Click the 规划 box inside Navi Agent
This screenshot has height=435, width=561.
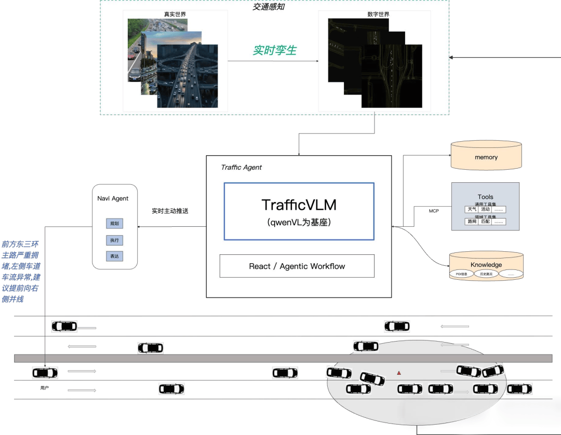click(x=114, y=224)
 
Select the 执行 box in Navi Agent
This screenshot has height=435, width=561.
click(x=114, y=240)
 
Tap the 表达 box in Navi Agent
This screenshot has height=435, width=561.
click(x=114, y=256)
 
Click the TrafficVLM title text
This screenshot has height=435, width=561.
click(x=299, y=205)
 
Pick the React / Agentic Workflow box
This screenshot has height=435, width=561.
click(x=297, y=266)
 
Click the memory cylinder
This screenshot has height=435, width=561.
click(x=486, y=157)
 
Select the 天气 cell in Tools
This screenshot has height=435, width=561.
click(x=471, y=210)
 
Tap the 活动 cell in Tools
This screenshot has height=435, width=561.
click(x=485, y=210)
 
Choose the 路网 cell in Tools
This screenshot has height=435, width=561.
click(x=471, y=222)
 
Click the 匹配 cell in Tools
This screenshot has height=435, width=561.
click(x=485, y=222)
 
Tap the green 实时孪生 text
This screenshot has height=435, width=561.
click(x=275, y=50)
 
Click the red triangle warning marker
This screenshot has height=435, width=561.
click(x=399, y=373)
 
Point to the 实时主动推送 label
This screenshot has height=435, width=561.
click(x=169, y=211)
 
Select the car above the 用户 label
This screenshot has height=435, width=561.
click(x=45, y=373)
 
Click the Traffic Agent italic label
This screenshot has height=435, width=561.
click(x=242, y=167)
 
